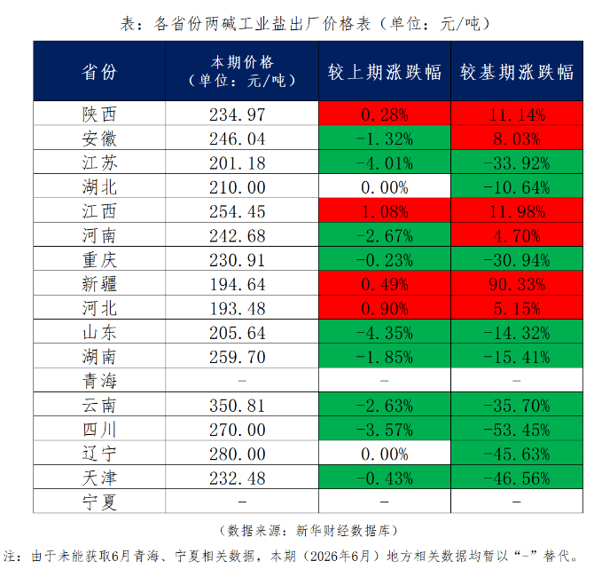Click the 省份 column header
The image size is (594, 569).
pos(99,72)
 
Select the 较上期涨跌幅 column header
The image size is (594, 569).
pos(385,72)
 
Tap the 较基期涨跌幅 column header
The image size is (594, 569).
pos(517,72)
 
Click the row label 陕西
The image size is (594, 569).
pos(99,115)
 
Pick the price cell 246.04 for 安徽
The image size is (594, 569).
pos(238,138)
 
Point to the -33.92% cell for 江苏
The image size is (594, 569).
pos(517,162)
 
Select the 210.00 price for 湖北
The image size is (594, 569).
pos(238,187)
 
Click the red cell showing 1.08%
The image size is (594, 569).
pos(385,211)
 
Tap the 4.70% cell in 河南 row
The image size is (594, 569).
pos(517,235)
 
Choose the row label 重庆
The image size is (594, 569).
pos(99,260)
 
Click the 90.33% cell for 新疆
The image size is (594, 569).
pos(517,284)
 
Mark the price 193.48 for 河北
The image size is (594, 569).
pos(238,308)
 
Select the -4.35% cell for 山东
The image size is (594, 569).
pos(385,333)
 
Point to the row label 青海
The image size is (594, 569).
pos(99,381)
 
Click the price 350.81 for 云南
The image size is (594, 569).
pos(238,405)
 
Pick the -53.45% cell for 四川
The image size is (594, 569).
pos(517,430)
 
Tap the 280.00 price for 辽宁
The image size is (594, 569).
pos(238,454)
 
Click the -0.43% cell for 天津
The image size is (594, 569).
pos(385,478)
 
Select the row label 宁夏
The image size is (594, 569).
pos(99,502)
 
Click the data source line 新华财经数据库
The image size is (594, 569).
pos(309,530)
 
